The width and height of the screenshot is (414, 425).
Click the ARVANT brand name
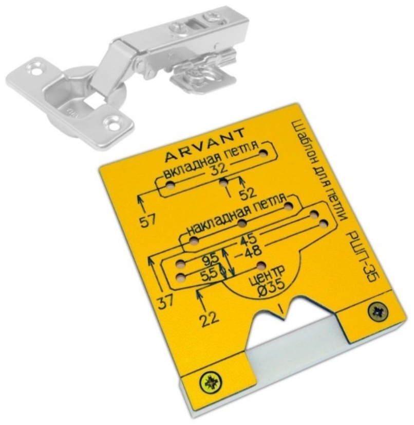point(205,146)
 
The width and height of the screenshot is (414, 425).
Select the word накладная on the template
point(212,224)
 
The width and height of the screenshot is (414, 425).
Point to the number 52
point(249,193)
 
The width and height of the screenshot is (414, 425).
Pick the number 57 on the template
point(148,220)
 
